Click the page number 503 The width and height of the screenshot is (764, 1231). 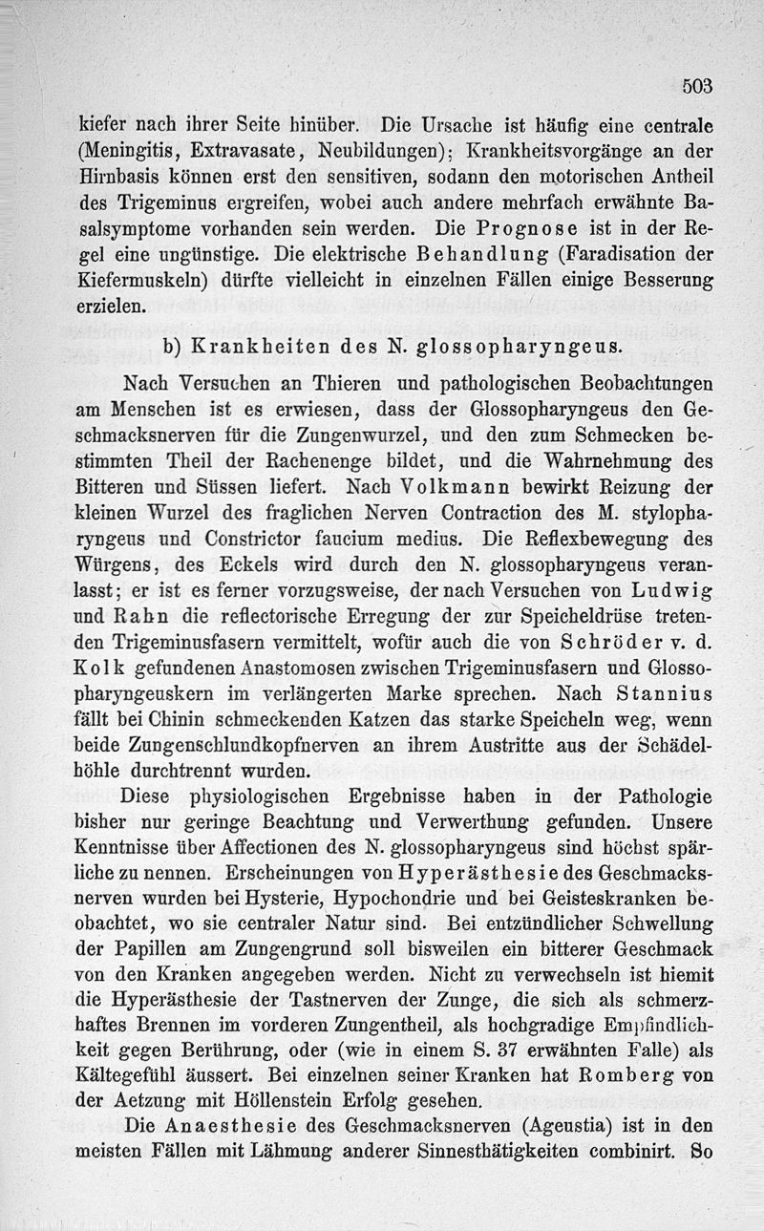(698, 86)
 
